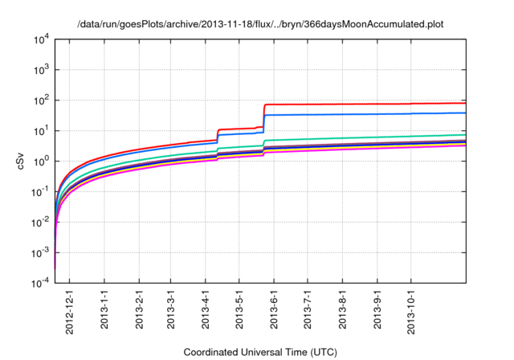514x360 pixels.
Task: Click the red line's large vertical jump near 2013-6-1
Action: point(264,117)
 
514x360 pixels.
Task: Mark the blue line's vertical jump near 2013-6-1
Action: point(264,124)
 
